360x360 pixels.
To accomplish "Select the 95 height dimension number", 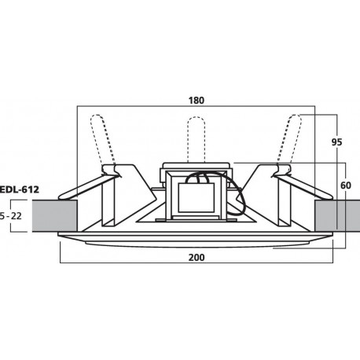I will [x=337, y=143].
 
